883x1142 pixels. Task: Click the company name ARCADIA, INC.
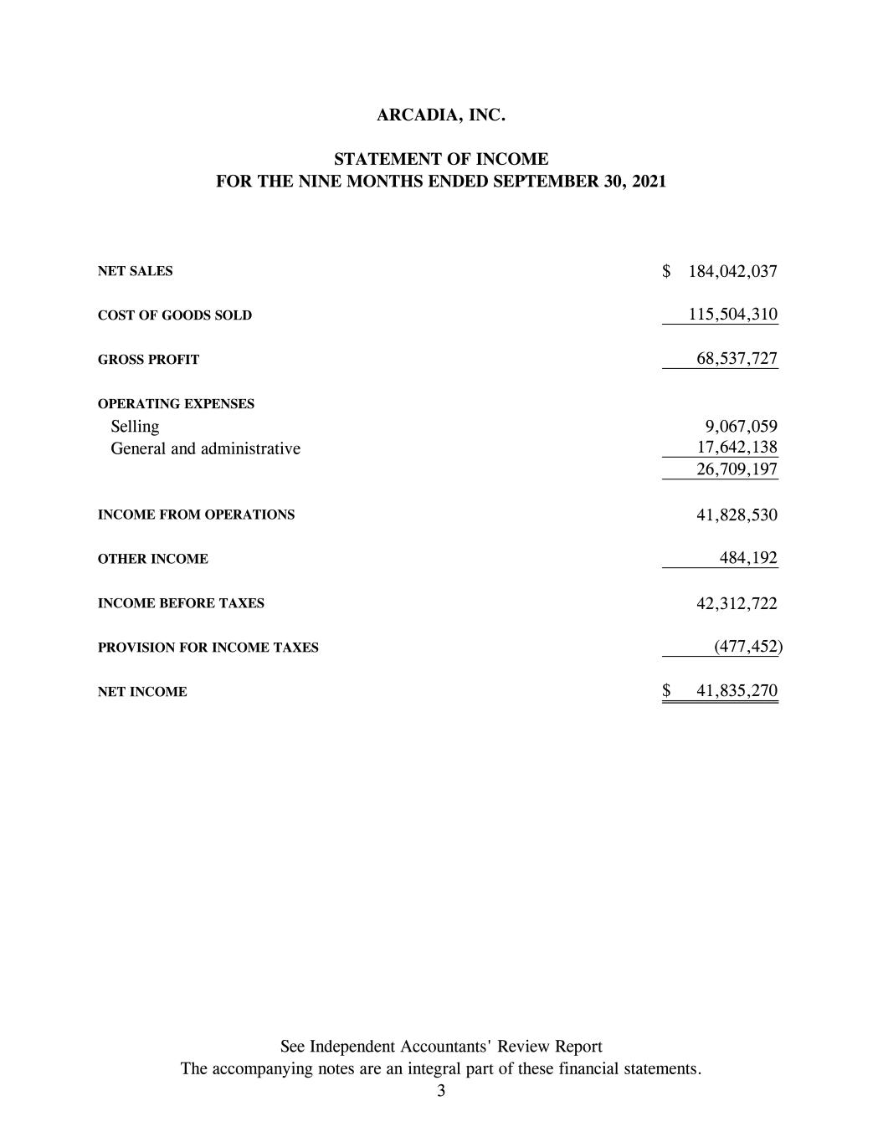(441, 115)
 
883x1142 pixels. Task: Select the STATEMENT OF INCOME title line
(441, 159)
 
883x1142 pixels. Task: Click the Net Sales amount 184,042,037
(732, 271)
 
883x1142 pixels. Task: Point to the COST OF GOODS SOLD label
(174, 315)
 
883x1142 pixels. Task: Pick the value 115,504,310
(732, 315)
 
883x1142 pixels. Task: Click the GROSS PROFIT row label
(148, 360)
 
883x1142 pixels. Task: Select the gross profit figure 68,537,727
(737, 359)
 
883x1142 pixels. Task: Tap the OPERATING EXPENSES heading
(176, 404)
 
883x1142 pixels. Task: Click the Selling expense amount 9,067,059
(741, 426)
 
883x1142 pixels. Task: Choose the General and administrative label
(205, 448)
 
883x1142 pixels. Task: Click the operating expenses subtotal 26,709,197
(737, 469)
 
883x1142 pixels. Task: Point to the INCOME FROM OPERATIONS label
(196, 515)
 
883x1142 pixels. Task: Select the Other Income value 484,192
(748, 558)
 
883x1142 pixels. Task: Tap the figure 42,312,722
(737, 603)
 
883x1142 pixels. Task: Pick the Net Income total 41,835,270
(737, 690)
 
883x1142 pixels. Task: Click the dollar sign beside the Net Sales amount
(667, 271)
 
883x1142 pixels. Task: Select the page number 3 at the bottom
(441, 1090)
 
